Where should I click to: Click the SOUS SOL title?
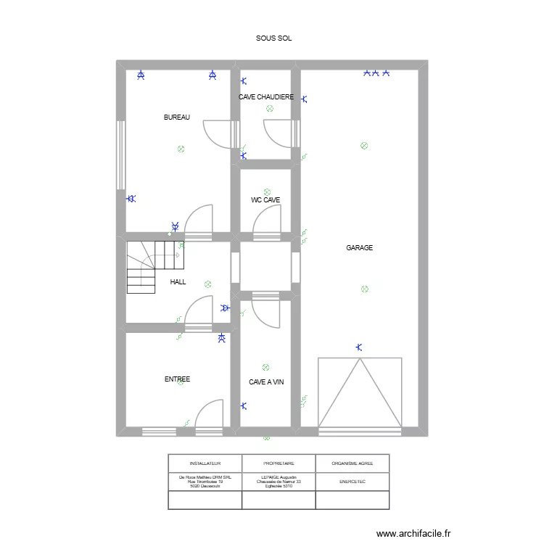coord(273,38)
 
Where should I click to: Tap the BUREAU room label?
coord(177,118)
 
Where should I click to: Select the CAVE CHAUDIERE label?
coord(266,96)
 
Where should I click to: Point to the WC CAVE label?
coord(265,199)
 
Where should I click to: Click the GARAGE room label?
coord(359,248)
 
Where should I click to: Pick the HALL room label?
coord(178,282)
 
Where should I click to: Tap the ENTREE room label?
coord(177,379)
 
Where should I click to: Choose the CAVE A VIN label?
coord(266,382)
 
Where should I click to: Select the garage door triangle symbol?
coord(360,392)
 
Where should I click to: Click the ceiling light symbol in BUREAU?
coord(181,149)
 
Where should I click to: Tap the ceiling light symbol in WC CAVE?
coord(267,192)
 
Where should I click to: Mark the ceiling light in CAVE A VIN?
coord(266,367)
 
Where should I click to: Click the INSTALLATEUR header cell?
coord(205,463)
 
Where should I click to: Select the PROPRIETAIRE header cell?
coord(279,463)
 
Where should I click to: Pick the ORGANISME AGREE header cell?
coord(353,463)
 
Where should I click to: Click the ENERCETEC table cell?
coord(353,481)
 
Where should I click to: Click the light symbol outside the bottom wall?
coord(266,437)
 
